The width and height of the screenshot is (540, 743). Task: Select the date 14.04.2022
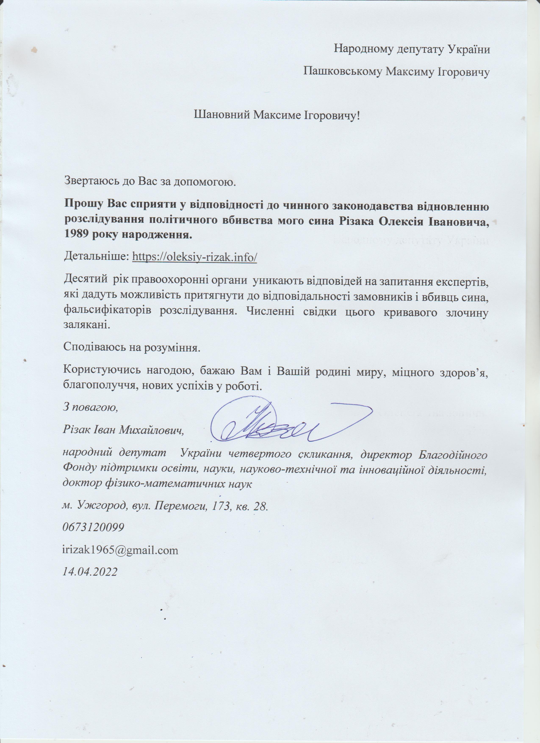[90, 572]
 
